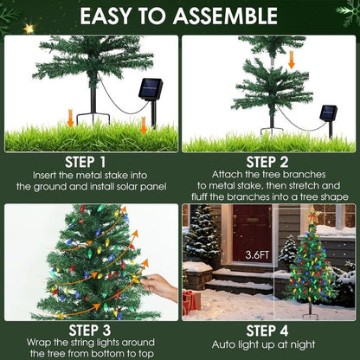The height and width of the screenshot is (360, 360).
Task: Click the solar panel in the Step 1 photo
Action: (151, 89)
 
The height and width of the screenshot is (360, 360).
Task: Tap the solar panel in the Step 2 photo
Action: (328, 112)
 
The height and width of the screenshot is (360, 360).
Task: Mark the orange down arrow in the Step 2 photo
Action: (292, 60)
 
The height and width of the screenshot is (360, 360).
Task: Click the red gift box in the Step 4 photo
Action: (190, 302)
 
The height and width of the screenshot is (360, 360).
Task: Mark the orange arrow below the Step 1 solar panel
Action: (144, 125)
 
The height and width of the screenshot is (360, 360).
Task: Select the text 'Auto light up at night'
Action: (270, 346)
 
